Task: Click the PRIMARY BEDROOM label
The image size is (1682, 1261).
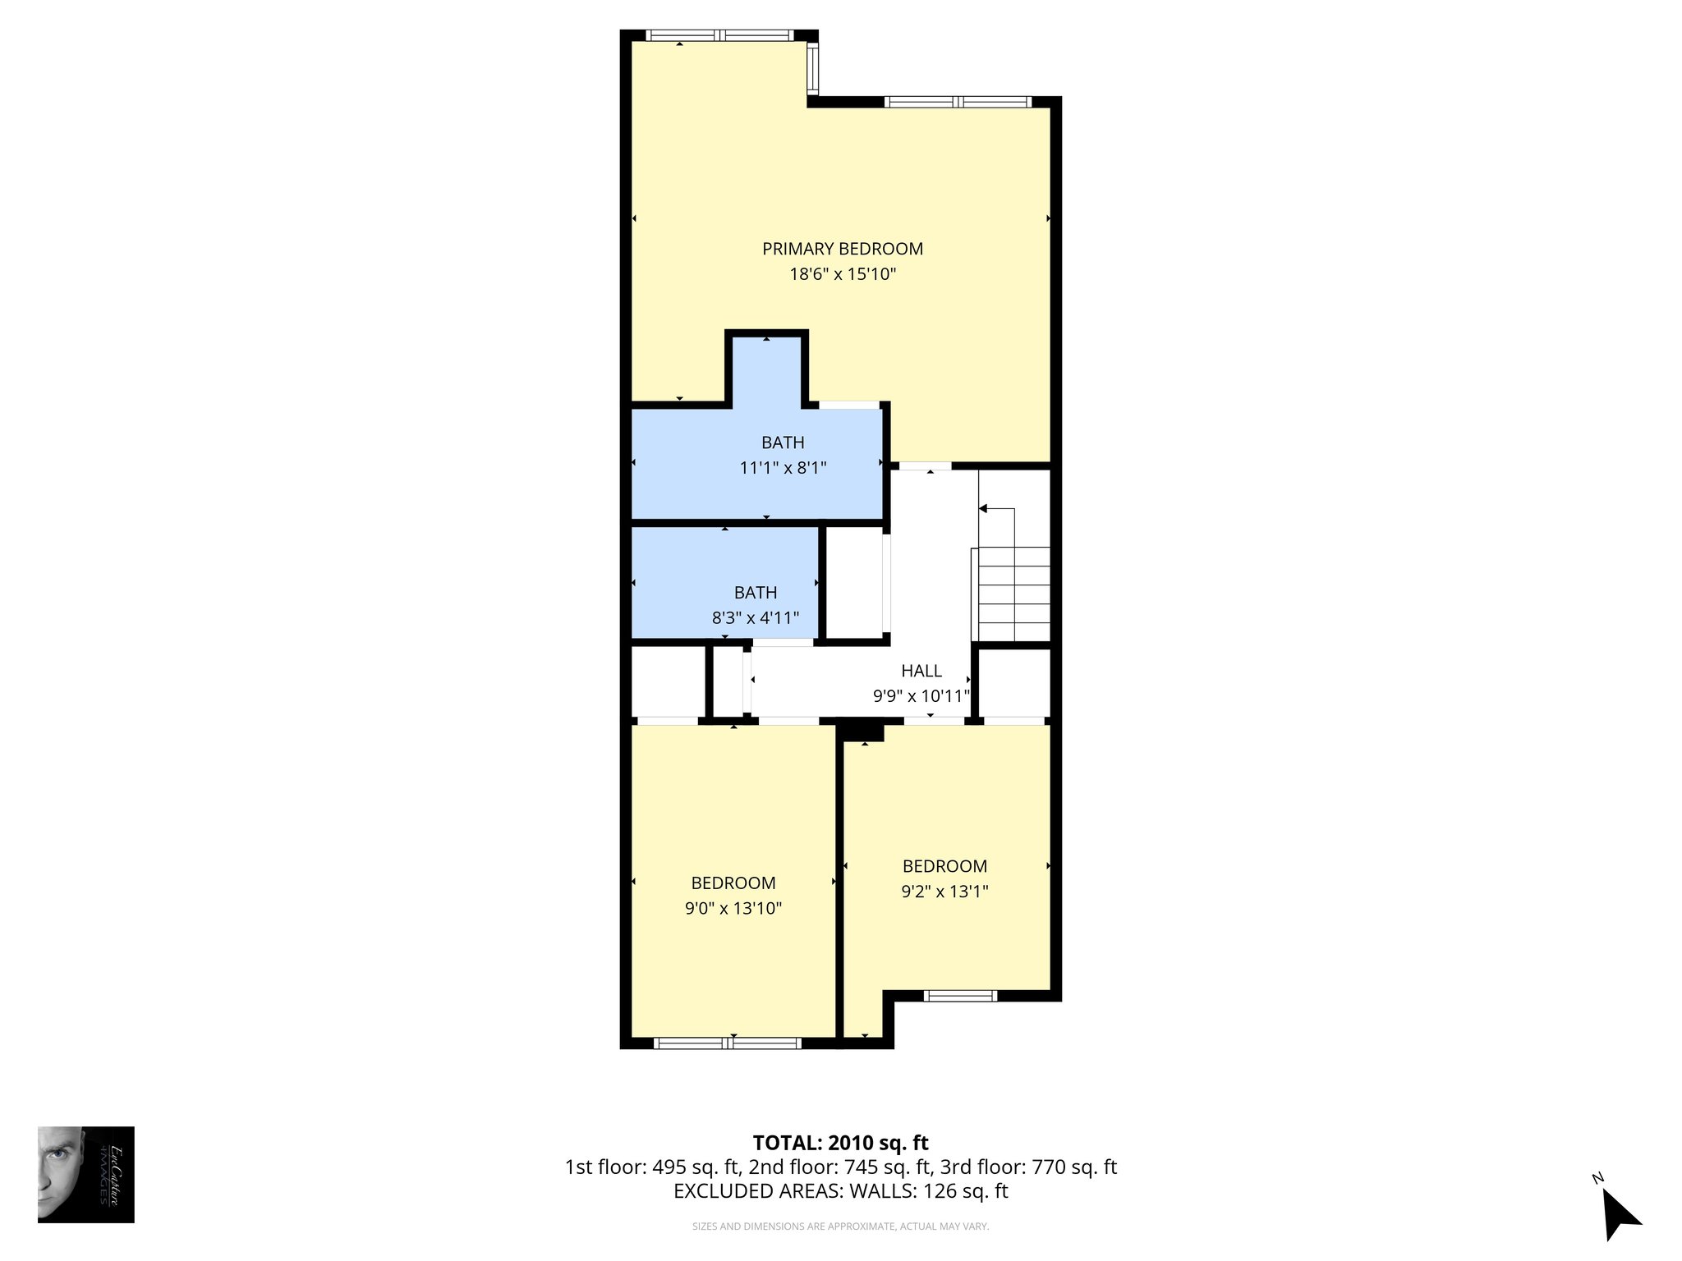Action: [x=842, y=249]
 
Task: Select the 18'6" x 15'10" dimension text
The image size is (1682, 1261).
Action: [x=842, y=274]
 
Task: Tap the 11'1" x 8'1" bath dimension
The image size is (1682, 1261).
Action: [x=783, y=468]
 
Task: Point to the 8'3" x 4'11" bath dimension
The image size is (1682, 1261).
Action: [x=755, y=618]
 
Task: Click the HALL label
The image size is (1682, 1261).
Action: [x=921, y=671]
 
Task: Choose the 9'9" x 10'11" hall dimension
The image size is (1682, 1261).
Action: [x=921, y=696]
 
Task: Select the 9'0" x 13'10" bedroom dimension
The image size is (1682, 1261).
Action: [x=733, y=909]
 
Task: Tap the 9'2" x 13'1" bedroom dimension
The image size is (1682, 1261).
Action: [x=944, y=892]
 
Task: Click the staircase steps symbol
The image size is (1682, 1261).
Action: [x=1014, y=593]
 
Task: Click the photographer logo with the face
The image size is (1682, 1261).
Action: [x=85, y=1174]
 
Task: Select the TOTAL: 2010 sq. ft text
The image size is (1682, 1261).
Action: [x=840, y=1143]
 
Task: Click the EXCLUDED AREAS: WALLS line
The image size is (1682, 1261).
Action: [x=840, y=1191]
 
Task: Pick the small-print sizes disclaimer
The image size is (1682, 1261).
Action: [x=840, y=1227]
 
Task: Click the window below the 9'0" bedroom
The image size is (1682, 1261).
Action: [x=727, y=1043]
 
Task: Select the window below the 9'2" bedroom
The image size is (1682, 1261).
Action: [x=960, y=996]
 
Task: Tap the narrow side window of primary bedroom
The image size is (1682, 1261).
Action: [x=812, y=68]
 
